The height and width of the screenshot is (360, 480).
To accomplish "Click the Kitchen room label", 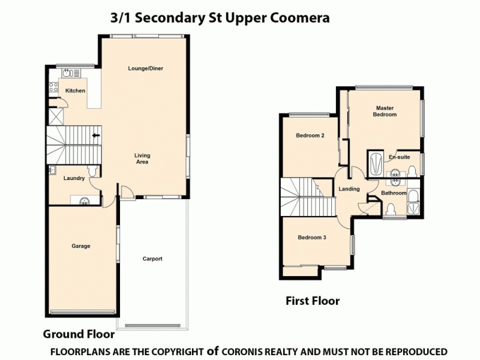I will [75, 91].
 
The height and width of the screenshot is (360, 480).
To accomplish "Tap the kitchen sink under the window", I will [68, 73].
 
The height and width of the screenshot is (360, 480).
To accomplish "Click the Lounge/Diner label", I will [145, 68].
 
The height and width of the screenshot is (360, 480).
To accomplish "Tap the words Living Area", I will [142, 159].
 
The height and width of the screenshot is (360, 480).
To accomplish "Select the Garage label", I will [80, 246].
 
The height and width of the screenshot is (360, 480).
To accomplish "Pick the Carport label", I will [152, 259].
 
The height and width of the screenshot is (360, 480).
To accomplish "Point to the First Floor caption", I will [312, 301].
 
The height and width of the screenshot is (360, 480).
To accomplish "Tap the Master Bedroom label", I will [384, 111].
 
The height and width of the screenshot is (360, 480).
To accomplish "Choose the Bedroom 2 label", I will [310, 136].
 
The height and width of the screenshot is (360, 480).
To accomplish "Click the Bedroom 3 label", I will [312, 238].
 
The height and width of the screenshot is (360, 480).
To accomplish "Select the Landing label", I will [349, 189].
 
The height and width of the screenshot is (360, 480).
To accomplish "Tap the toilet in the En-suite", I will [396, 176].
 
